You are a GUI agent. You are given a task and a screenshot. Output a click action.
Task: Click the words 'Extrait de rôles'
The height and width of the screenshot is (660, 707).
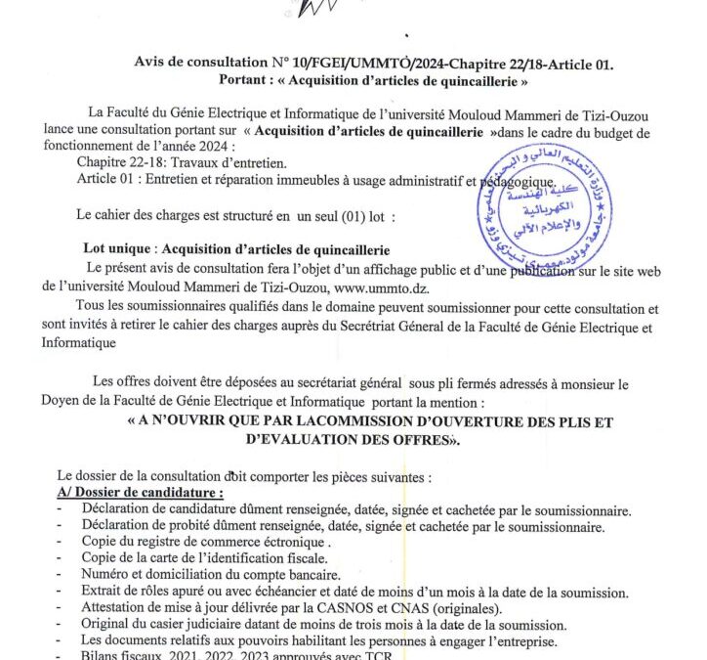(129, 592)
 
